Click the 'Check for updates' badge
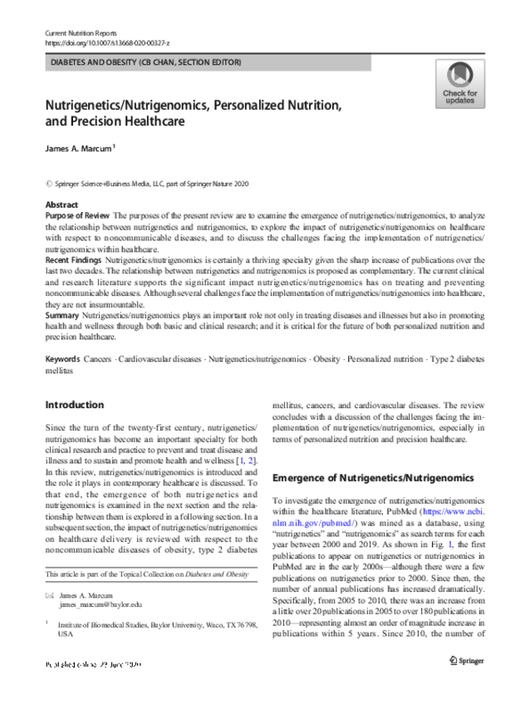coord(459,84)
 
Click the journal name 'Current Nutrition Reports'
coord(80,31)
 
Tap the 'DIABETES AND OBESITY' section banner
coord(147,62)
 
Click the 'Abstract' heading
coord(61,205)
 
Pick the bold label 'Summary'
coord(61,317)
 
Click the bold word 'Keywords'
coord(62,358)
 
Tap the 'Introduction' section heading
coord(74,405)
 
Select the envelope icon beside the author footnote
coord(49,595)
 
